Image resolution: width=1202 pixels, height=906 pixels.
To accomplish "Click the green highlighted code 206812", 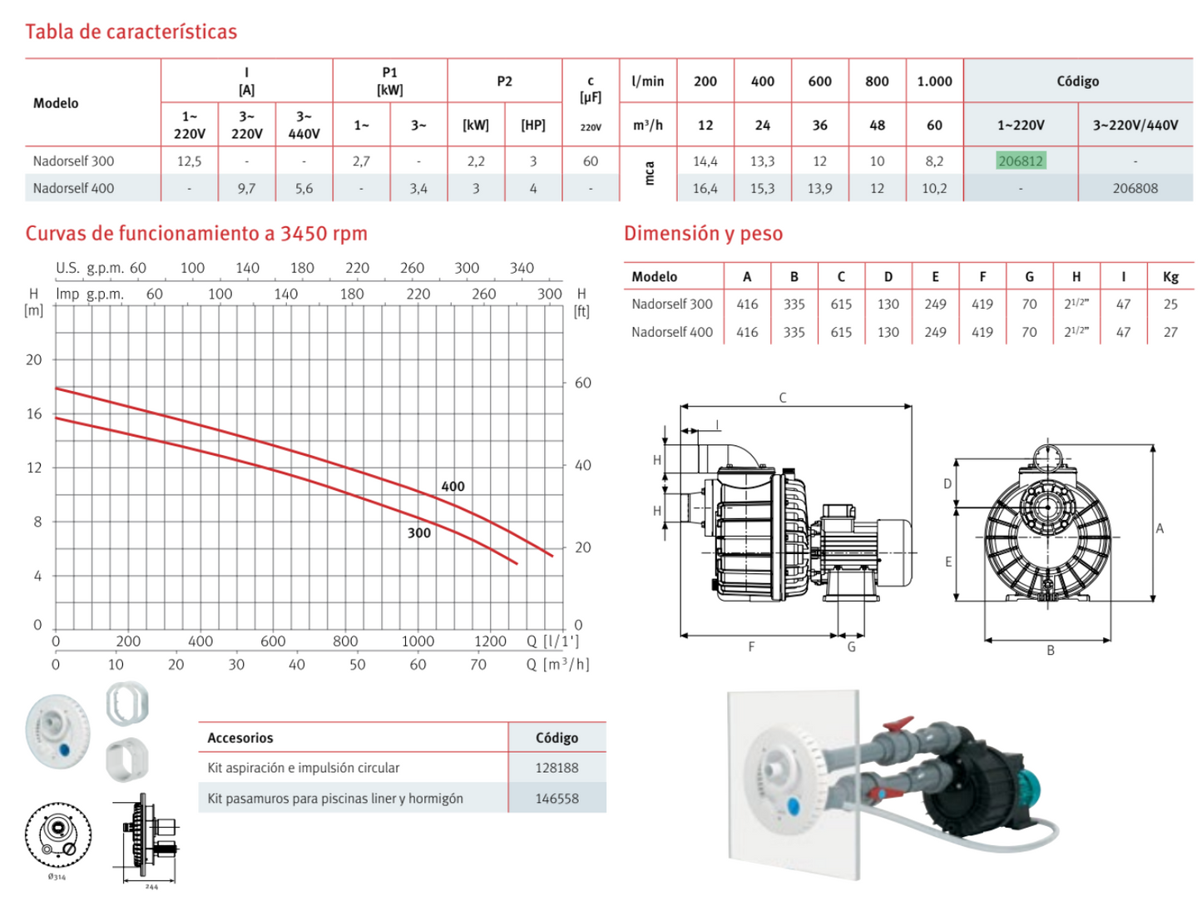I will coord(1020,161).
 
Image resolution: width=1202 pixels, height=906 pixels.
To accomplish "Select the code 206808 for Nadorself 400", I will coord(1135,189).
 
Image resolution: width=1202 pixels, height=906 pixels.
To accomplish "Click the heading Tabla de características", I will coord(131,32).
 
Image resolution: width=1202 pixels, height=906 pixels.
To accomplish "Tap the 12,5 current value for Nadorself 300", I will coord(189,161).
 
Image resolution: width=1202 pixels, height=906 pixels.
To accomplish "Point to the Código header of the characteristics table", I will coord(1077,82).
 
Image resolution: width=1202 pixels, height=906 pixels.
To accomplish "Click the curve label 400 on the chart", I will coord(453,487).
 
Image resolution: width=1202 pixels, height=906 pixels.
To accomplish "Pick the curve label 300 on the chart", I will coord(419,533).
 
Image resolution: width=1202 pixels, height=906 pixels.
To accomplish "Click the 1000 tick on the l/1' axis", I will coord(418,641).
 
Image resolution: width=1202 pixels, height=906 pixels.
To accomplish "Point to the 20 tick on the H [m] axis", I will coord(34,360).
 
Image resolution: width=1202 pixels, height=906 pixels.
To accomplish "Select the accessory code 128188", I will coord(556,768).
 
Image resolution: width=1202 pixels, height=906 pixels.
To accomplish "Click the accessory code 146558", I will coord(556,799).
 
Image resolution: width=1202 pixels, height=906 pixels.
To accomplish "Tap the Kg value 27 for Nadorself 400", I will coord(1170,332).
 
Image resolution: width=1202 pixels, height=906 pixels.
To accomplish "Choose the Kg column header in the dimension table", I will coord(1170,277).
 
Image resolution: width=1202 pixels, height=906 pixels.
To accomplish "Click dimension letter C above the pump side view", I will coord(783,398).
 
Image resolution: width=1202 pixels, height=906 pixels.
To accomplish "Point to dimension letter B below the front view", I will coord(1051,651).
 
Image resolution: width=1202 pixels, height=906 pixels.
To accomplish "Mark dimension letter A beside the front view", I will coord(1160,528).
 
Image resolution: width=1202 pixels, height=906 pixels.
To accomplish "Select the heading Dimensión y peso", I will coord(703,234).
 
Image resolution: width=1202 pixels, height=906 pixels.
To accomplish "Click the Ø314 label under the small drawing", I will coord(57,877).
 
